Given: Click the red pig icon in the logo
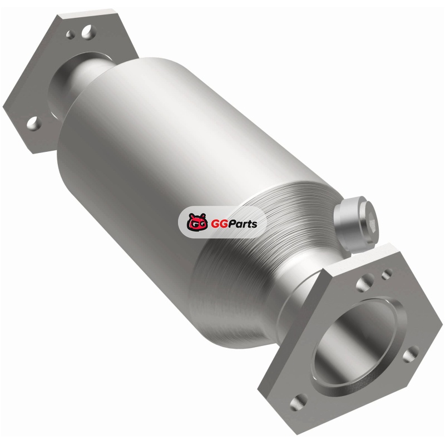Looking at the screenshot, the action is click(197, 221).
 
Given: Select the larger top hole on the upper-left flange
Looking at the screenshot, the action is click(88, 32).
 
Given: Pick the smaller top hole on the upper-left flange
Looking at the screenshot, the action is click(71, 34).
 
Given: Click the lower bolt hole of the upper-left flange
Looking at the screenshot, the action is click(34, 123).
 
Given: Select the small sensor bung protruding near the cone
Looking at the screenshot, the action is click(356, 224).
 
